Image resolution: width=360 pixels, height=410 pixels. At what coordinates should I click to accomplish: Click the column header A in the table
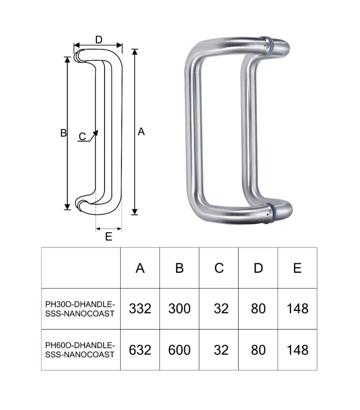coord(140,268)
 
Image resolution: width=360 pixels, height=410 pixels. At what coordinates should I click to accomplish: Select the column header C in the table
coord(219,268)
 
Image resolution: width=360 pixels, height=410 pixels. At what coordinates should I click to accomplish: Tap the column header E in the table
coord(298,268)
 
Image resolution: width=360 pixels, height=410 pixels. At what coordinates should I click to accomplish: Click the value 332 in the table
coord(140,308)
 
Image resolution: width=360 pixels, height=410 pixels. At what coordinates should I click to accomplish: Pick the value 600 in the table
coord(179,350)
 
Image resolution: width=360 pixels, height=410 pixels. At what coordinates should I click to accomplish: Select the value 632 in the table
coord(140,350)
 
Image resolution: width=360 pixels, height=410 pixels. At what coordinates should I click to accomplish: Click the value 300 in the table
coord(179,308)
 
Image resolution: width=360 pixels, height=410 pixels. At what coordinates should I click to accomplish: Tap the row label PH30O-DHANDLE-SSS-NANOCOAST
coord(80,309)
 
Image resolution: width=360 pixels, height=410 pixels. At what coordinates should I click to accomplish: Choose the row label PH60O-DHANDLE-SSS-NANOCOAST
coord(80,350)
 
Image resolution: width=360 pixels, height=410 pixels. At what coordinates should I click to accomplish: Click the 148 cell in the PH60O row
coord(298,350)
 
